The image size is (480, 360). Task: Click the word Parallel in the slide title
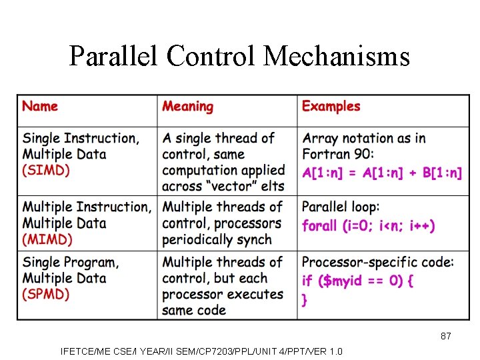click(114, 57)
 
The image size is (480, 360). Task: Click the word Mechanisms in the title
click(337, 57)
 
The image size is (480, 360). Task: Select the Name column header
click(40, 107)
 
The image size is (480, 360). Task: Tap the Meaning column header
click(188, 107)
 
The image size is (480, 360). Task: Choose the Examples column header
click(331, 107)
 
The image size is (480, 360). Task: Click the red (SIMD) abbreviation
click(46, 171)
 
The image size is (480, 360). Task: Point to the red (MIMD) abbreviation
click(47, 239)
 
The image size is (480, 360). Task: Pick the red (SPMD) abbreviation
click(47, 294)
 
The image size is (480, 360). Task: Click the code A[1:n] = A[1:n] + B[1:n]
click(382, 173)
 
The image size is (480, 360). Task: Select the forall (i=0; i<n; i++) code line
click(369, 226)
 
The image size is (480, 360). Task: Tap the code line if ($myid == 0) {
click(358, 281)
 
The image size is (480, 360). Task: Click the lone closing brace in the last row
click(305, 301)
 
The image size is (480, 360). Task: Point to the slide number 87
click(445, 336)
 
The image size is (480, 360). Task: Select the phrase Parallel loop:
click(340, 207)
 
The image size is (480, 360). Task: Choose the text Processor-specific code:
click(377, 262)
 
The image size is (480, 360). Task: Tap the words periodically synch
click(217, 239)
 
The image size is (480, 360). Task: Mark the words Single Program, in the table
click(71, 262)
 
